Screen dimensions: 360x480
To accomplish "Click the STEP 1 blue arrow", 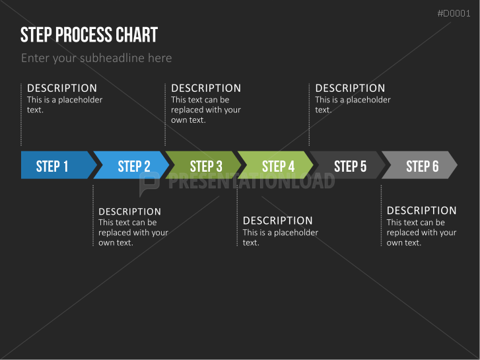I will click(53, 165).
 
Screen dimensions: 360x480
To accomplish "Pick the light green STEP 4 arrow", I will click(278, 165).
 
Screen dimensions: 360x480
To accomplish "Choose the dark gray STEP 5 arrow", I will click(350, 165).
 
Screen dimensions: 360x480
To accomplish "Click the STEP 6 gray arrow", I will click(422, 165).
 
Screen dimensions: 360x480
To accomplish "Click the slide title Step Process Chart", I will click(89, 34).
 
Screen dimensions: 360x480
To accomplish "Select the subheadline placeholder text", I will click(96, 58).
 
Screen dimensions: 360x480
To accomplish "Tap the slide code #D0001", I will click(454, 13).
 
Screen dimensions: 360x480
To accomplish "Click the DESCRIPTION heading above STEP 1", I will click(62, 88).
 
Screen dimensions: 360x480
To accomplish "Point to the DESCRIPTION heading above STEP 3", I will click(206, 88).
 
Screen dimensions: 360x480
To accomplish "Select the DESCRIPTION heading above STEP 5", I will click(350, 88).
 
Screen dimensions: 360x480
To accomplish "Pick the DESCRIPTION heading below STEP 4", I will click(277, 221).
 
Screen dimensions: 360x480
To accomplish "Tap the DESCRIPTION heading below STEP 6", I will click(421, 211).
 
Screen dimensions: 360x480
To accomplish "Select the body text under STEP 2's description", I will click(133, 233).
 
